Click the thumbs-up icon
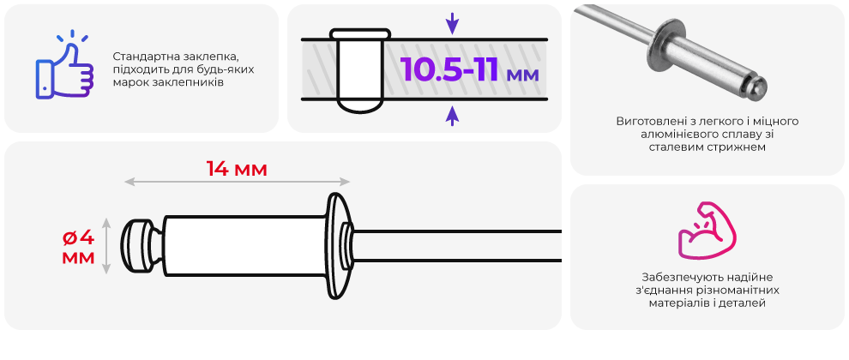pyautogui.click(x=64, y=67)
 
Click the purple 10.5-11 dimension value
pyautogui.click(x=449, y=69)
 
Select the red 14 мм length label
pyautogui.click(x=237, y=169)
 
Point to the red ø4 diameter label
pyautogui.click(x=79, y=237)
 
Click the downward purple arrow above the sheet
pyautogui.click(x=452, y=23)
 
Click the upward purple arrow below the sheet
pyautogui.click(x=452, y=116)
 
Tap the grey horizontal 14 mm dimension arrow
pyautogui.click(x=238, y=182)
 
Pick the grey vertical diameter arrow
pyautogui.click(x=106, y=246)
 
